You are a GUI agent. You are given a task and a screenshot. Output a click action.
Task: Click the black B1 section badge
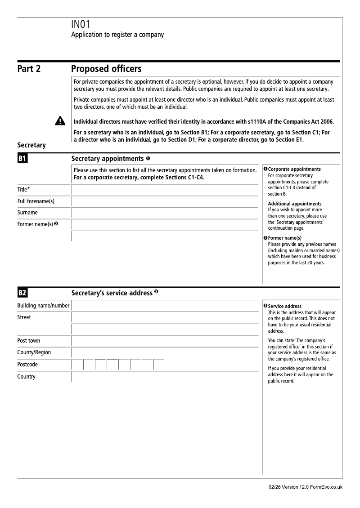22,159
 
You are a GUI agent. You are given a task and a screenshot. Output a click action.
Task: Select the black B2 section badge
22,293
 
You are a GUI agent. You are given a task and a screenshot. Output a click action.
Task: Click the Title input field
165,190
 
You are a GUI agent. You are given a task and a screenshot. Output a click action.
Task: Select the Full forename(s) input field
165,201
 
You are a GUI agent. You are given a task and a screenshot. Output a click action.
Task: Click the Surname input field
165,213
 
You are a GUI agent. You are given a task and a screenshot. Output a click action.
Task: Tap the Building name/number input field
165,306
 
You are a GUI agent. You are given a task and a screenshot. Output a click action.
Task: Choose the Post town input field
165,341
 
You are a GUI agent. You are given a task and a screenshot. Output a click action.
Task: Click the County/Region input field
165,353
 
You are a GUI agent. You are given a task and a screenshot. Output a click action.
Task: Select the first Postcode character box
77,365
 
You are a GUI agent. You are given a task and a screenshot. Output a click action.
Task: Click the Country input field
165,377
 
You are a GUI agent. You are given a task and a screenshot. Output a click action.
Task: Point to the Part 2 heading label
29,69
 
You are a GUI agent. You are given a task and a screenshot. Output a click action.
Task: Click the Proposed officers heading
106,69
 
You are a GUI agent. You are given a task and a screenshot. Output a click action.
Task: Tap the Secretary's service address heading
112,293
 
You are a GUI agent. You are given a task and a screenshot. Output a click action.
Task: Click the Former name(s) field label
35,224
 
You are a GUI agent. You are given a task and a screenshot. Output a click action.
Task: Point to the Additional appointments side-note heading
295,204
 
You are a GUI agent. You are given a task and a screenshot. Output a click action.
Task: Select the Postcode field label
27,365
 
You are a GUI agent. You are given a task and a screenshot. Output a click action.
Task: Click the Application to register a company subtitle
117,35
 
